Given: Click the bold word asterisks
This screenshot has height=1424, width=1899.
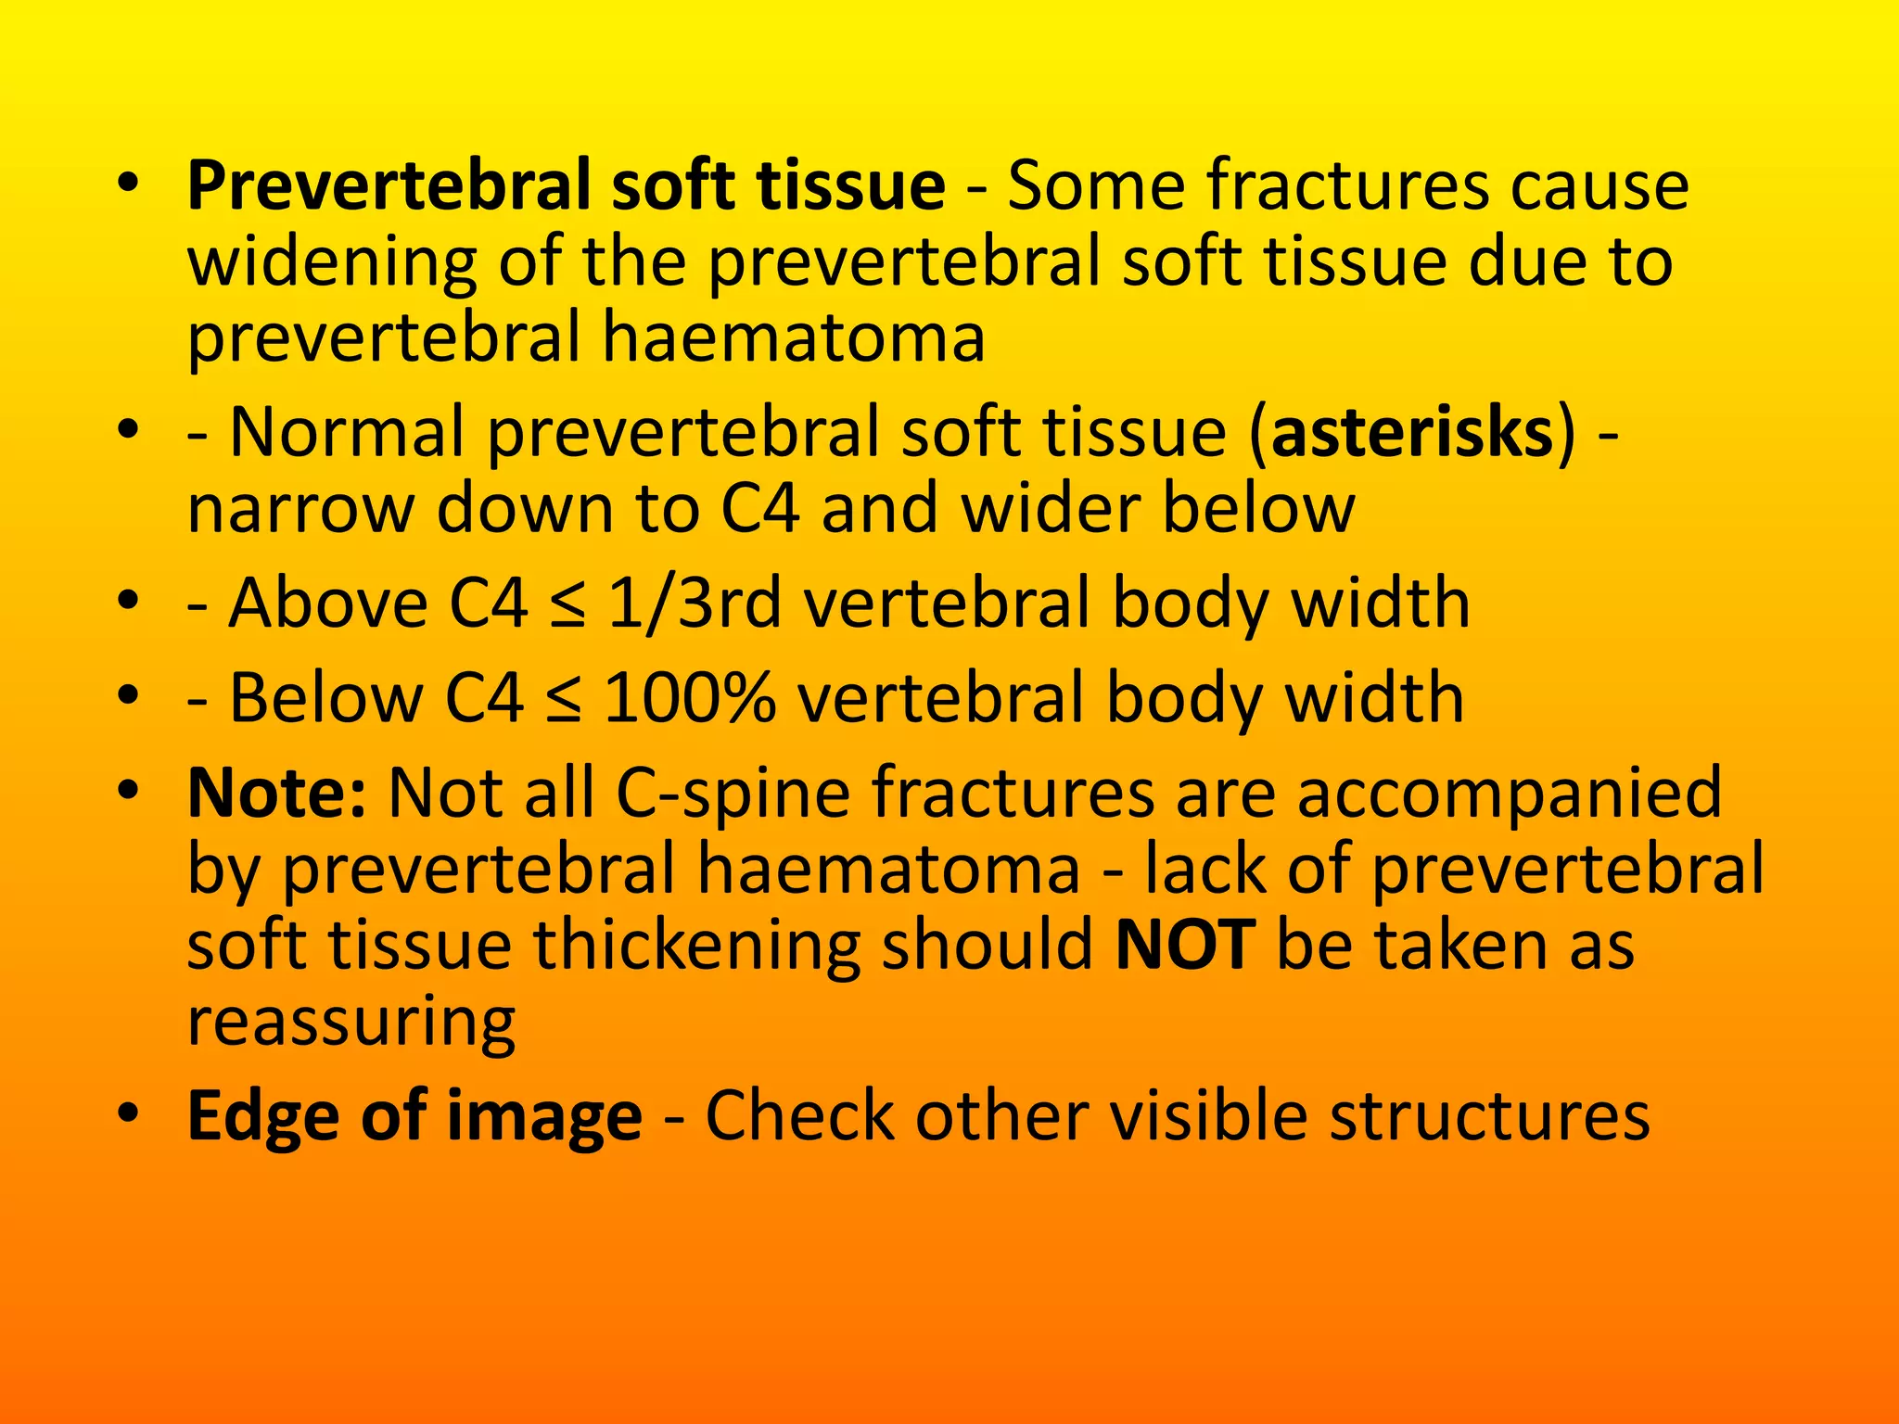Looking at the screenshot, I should tap(1412, 434).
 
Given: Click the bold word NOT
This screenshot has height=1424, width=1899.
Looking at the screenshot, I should tap(1185, 945).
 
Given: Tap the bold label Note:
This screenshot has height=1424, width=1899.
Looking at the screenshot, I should tap(276, 793).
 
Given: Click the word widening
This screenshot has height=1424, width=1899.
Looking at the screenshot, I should tap(332, 263).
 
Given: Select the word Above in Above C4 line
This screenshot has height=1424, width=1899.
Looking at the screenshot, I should tap(328, 604).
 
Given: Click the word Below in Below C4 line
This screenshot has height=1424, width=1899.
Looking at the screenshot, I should tap(326, 698).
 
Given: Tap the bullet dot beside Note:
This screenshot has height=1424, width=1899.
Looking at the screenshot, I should tap(129, 789).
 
